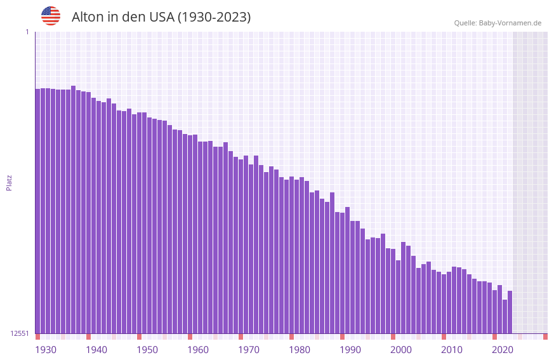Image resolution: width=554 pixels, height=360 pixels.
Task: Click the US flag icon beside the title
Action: [51, 16]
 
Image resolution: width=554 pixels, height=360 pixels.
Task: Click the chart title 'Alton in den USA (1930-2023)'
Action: [161, 17]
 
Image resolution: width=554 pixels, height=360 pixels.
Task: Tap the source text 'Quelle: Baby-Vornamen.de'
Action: [498, 23]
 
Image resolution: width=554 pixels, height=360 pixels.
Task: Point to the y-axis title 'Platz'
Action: [9, 182]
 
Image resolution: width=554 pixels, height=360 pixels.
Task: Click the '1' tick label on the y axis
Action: [27, 32]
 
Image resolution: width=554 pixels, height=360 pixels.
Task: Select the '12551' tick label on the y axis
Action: [18, 333]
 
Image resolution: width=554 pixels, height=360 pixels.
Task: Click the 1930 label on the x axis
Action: [46, 350]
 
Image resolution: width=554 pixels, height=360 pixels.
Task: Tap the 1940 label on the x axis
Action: [96, 350]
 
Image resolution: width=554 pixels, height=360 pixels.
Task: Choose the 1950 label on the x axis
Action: [147, 350]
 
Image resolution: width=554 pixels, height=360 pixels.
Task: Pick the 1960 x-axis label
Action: [198, 350]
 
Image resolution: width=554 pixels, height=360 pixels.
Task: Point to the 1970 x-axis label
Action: [249, 350]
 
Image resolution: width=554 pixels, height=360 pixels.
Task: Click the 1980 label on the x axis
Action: [300, 350]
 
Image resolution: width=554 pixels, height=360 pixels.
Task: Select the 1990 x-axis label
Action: [350, 350]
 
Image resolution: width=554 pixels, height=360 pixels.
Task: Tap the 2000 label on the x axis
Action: [401, 350]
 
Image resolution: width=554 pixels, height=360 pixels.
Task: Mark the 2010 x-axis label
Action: [452, 350]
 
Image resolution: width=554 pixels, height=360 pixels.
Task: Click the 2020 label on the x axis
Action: [503, 350]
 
